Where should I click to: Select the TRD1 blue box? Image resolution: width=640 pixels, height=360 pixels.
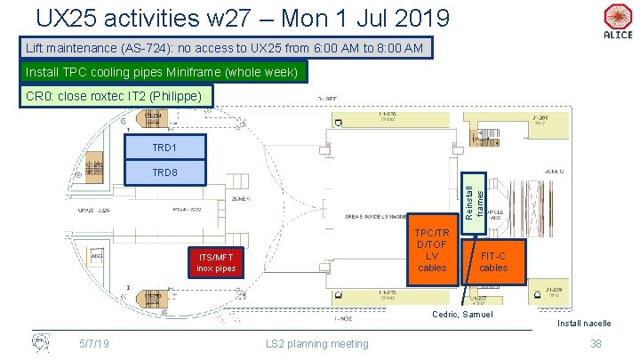[166, 148]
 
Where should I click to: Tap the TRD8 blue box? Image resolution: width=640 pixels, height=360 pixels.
[166, 172]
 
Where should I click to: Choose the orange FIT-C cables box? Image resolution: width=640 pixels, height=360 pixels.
[493, 261]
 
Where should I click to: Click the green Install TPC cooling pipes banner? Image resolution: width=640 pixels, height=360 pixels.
[164, 71]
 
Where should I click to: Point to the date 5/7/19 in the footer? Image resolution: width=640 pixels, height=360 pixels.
[92, 344]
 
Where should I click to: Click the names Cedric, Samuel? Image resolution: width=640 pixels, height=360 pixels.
[462, 316]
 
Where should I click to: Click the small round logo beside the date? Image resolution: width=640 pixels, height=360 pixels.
[41, 341]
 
